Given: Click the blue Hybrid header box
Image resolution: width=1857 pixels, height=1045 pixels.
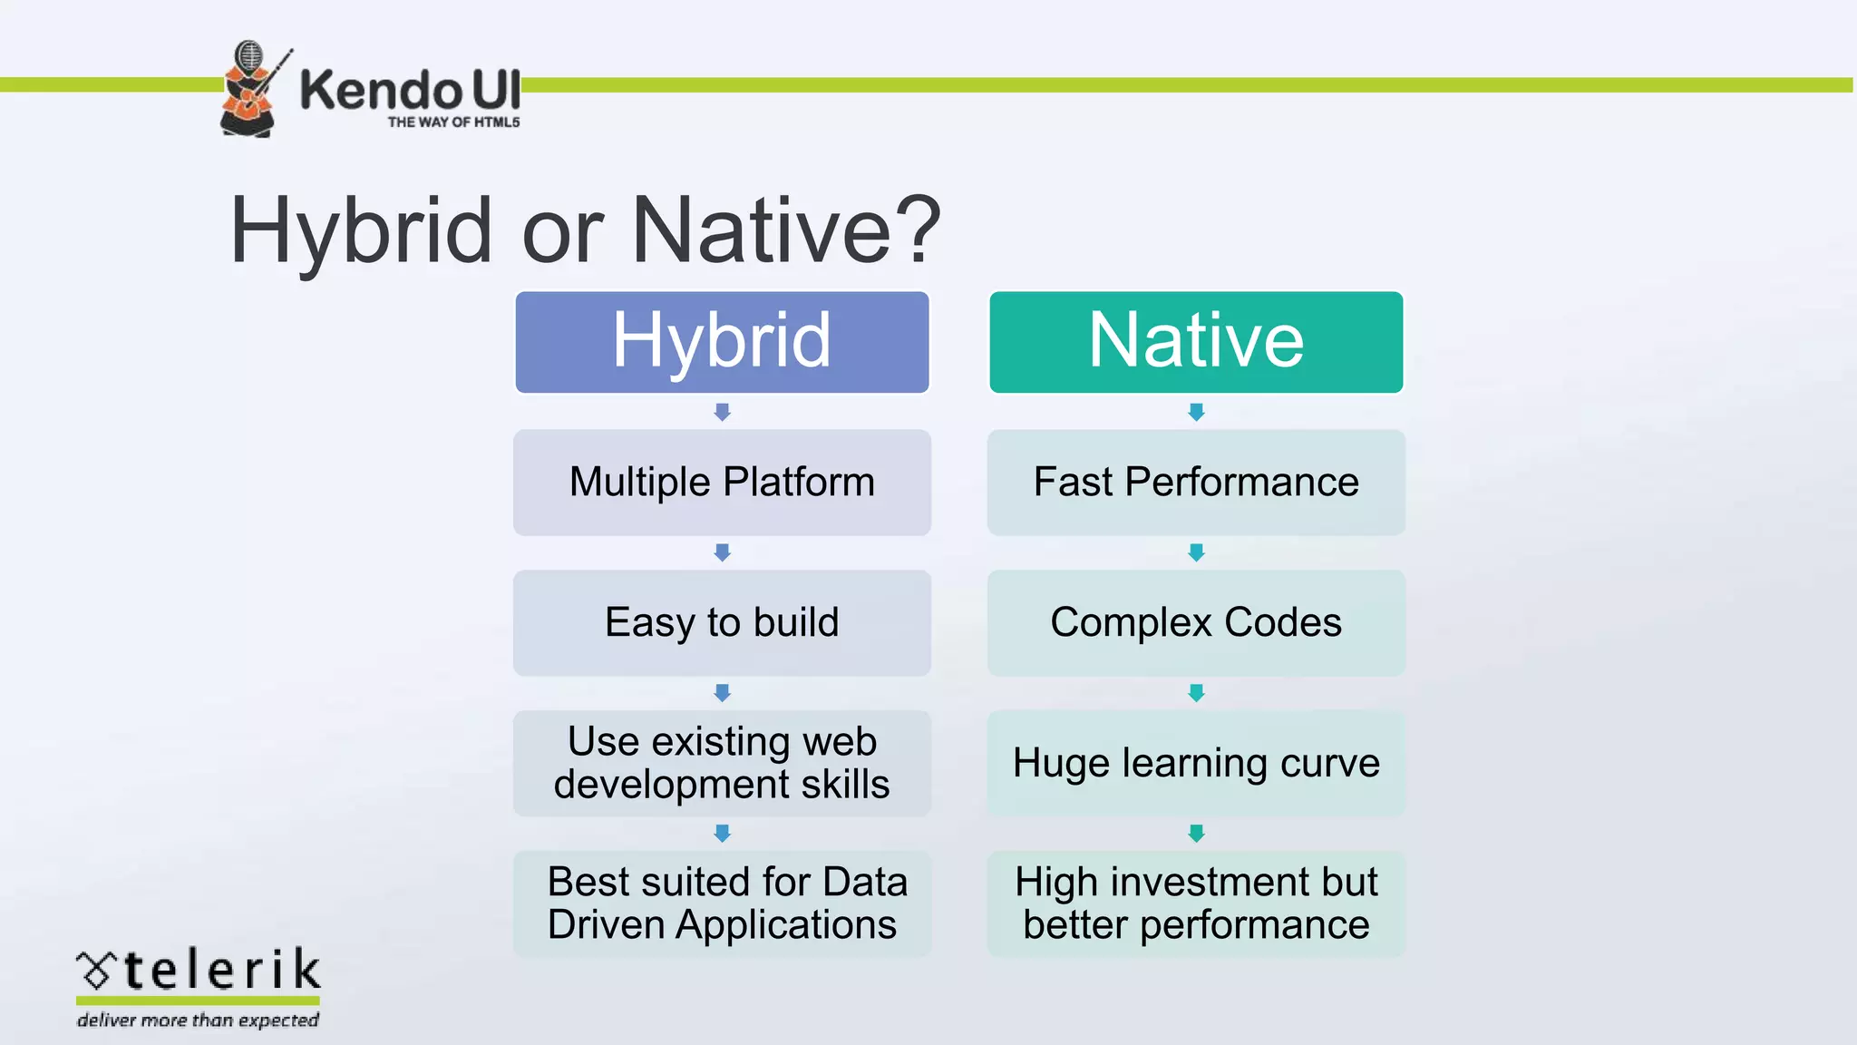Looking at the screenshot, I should click(x=722, y=342).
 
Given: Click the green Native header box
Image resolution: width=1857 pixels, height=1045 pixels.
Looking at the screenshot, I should click(x=1196, y=342).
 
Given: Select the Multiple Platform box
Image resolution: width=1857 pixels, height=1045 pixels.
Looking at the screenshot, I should click(x=722, y=483).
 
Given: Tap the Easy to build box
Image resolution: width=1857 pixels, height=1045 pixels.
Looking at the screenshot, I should click(x=722, y=623).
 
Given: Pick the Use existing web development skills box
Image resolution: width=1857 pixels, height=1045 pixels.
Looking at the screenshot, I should click(x=722, y=763).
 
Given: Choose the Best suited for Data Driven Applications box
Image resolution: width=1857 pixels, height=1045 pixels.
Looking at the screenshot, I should click(x=722, y=903).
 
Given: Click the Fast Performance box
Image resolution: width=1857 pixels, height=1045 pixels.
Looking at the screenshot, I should click(x=1196, y=483).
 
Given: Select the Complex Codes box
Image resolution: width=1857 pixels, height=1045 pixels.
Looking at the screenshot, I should click(x=1196, y=623).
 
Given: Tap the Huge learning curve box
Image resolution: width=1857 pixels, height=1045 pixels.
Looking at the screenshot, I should click(x=1196, y=763).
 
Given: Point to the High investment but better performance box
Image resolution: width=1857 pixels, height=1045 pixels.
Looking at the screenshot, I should click(x=1196, y=903).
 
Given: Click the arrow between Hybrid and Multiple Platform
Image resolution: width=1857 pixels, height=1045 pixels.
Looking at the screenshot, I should click(x=722, y=412).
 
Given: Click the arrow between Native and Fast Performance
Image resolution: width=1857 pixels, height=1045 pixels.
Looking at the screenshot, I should click(x=1196, y=412).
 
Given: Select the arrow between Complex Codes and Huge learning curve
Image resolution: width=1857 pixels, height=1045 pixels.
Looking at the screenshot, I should click(x=1196, y=693).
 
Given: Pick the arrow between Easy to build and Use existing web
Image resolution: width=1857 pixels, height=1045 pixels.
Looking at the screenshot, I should click(x=722, y=693).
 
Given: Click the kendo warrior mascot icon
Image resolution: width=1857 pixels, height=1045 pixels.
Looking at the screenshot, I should click(x=249, y=89).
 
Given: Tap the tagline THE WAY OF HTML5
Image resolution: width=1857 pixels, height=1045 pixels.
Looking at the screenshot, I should click(x=453, y=122).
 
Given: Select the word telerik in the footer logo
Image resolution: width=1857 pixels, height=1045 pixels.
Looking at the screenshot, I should click(x=221, y=971).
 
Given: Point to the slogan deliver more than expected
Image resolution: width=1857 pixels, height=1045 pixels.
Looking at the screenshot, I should click(x=198, y=1021).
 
